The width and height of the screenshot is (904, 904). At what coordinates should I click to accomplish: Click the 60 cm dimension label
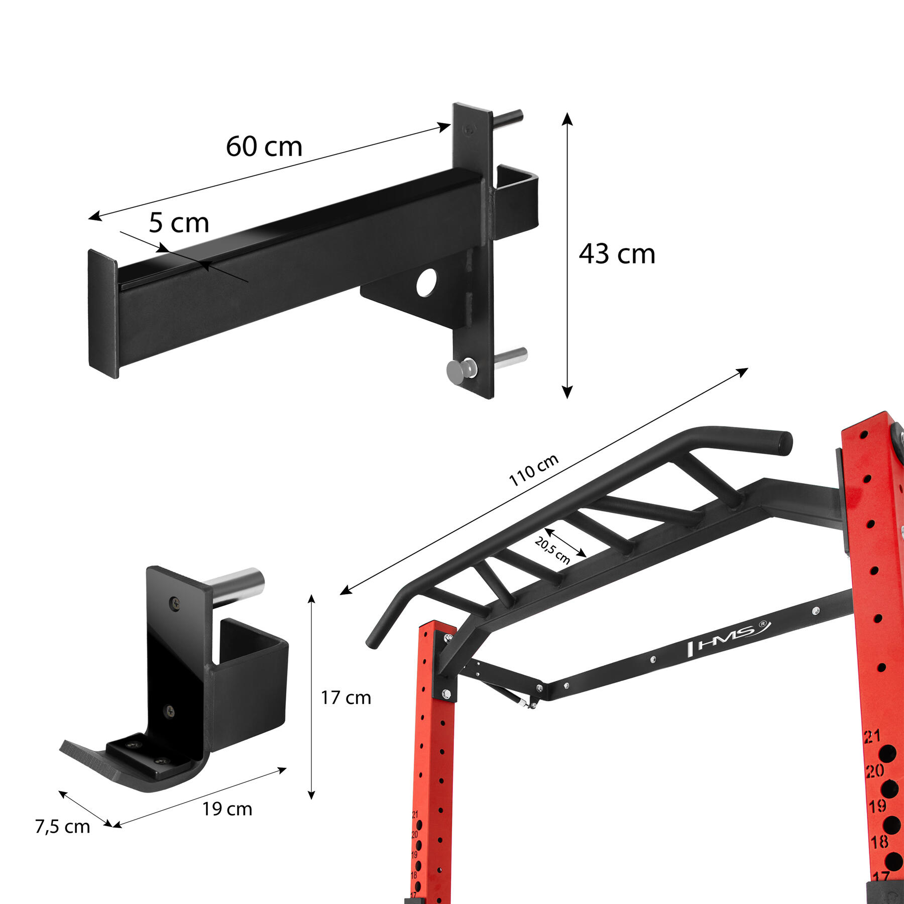click(x=264, y=147)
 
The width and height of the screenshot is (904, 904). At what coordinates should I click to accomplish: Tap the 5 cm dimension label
click(x=179, y=223)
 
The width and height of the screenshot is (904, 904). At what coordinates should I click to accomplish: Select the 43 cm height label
click(x=617, y=254)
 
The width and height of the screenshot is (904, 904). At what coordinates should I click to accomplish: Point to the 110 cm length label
click(x=533, y=471)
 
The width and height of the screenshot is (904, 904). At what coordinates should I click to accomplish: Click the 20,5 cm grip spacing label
click(x=552, y=550)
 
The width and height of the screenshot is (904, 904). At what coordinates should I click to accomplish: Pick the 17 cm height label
click(x=346, y=698)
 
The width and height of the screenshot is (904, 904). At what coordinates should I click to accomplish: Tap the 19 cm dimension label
click(x=227, y=809)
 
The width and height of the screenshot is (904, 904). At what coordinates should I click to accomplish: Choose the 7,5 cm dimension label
click(x=62, y=827)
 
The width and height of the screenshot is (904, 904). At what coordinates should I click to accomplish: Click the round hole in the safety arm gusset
click(x=427, y=282)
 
